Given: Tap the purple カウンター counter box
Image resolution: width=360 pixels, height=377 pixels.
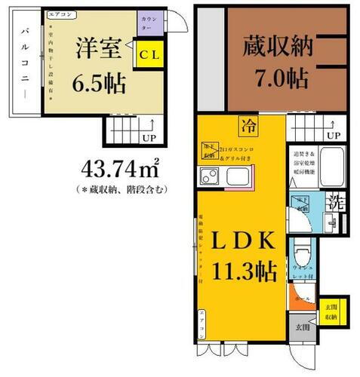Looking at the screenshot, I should point(146,23).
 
